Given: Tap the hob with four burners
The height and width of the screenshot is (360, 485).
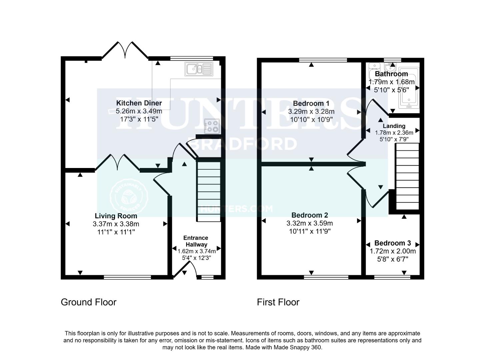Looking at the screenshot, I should (x=212, y=126).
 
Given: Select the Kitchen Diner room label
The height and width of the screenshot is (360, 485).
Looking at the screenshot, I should (x=139, y=103).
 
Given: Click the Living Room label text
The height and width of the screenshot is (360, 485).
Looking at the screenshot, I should (x=116, y=216).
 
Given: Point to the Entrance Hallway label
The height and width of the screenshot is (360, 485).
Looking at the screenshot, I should (x=196, y=241).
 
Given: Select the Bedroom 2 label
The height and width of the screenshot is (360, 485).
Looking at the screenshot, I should (x=310, y=215).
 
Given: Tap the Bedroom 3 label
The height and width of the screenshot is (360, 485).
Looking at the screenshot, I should (x=392, y=243).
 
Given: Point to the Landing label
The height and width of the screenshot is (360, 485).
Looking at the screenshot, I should (x=394, y=126).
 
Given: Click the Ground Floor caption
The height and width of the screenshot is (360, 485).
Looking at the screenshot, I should (x=88, y=302).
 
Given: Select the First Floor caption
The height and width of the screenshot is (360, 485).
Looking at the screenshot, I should (x=278, y=302).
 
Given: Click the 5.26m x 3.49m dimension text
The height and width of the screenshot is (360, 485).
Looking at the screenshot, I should (x=139, y=111).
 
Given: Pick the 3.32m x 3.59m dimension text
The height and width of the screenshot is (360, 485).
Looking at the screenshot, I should (x=310, y=223).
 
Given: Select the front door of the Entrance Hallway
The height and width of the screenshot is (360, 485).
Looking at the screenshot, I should (x=184, y=269).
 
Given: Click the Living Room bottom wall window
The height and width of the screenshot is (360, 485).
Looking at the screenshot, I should (x=127, y=277).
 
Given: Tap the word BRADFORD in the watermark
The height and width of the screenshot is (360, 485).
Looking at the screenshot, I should (x=242, y=144).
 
